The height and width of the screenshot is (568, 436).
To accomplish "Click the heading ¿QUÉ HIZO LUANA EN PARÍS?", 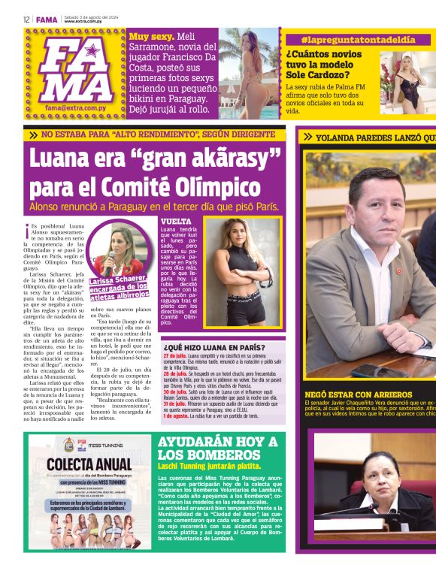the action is [213, 347].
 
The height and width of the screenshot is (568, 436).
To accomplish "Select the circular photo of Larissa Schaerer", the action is [119, 250].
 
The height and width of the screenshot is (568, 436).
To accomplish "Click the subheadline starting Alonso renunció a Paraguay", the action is [154, 206].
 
